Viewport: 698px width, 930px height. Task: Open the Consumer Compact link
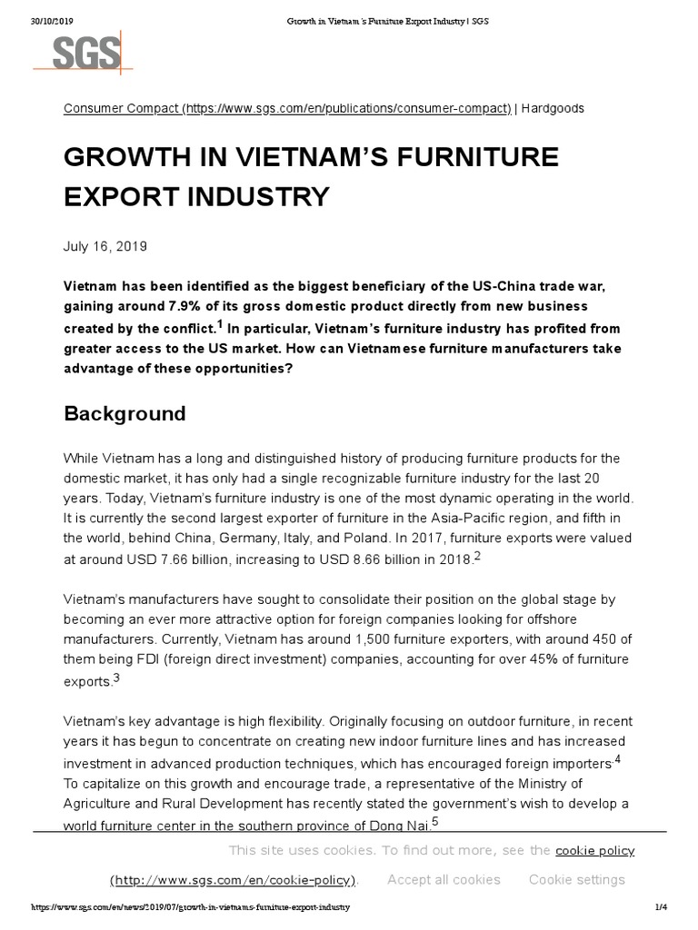pos(286,108)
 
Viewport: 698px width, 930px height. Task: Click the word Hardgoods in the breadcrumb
pos(553,108)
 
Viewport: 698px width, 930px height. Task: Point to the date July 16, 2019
pos(105,246)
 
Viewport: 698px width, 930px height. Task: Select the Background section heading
pos(125,414)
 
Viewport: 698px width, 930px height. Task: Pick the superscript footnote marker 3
pos(116,677)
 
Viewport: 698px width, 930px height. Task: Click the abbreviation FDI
pos(155,659)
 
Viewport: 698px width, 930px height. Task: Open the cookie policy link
pos(594,851)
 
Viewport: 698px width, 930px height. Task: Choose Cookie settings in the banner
pos(576,879)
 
